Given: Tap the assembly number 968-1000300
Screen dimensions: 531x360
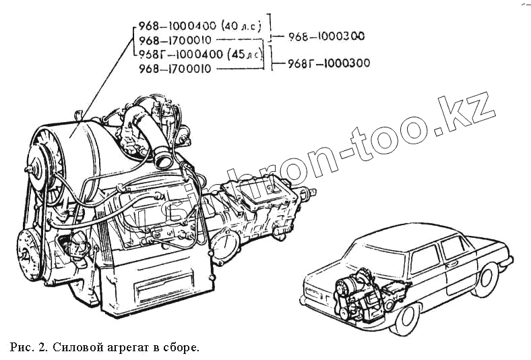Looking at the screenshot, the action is coord(327,36).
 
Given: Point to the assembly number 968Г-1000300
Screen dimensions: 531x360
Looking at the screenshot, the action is coord(328,64).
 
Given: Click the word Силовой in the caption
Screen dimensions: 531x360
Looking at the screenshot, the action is coord(77,348).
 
